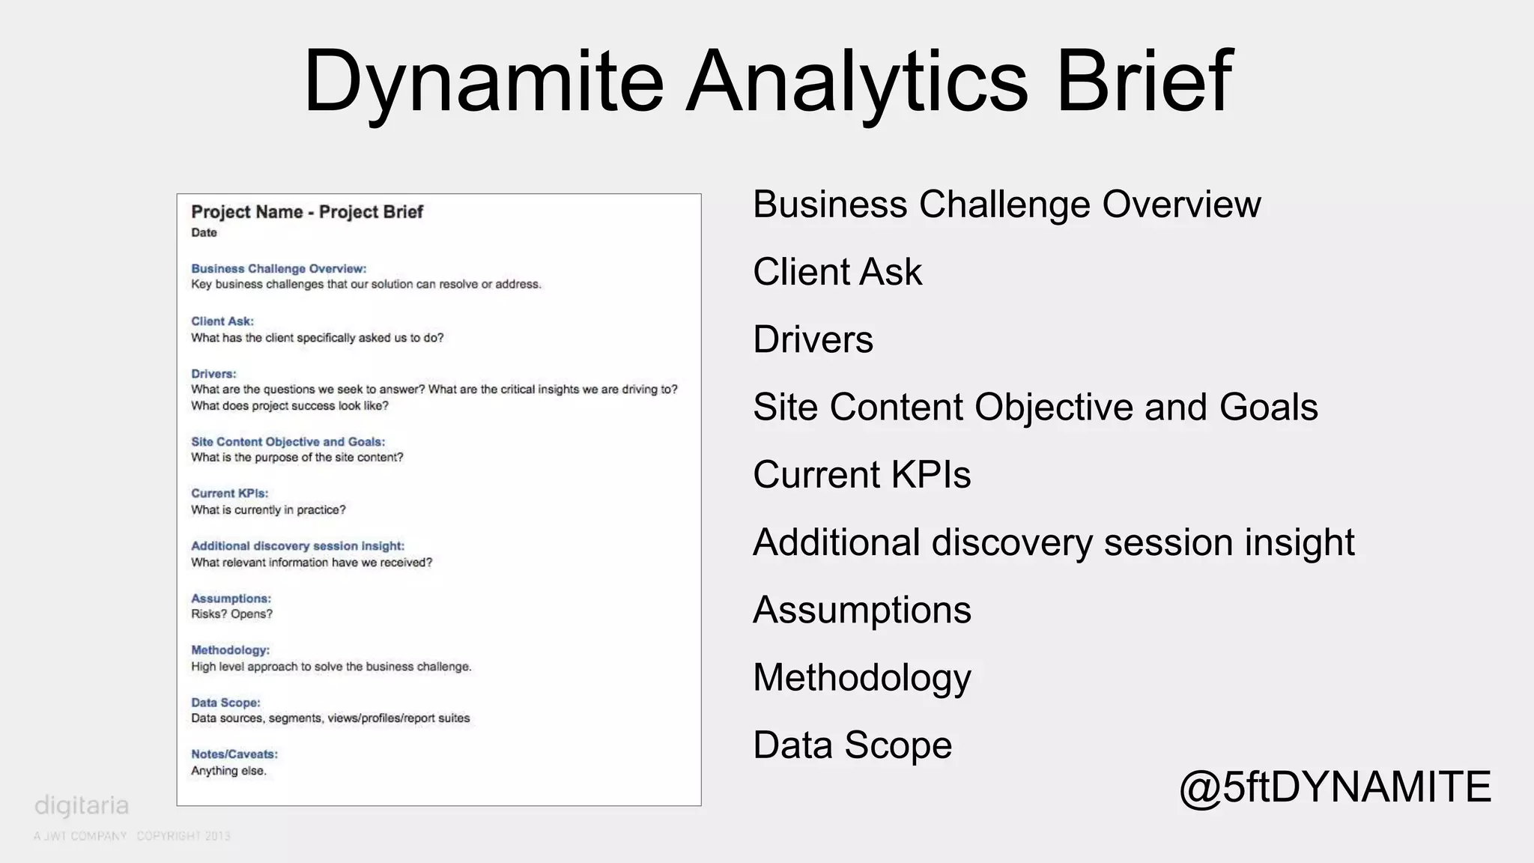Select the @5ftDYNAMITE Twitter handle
pos(1335,787)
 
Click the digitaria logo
pos(82,806)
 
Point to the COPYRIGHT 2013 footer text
pos(183,836)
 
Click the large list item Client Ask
pos(837,272)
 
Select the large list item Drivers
pos(813,339)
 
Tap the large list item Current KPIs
pos(861,475)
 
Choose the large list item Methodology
pos(861,678)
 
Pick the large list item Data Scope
pos(852,745)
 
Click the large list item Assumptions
pos(861,610)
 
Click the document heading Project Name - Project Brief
pos(307,212)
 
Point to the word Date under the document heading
pos(204,233)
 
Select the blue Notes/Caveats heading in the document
pos(234,754)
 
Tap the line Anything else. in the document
pos(228,771)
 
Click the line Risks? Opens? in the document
pos(231,614)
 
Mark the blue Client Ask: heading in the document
pos(222,321)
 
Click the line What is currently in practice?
pos(268,510)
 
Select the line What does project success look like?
pos(289,406)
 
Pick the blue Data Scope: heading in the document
pos(225,703)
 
